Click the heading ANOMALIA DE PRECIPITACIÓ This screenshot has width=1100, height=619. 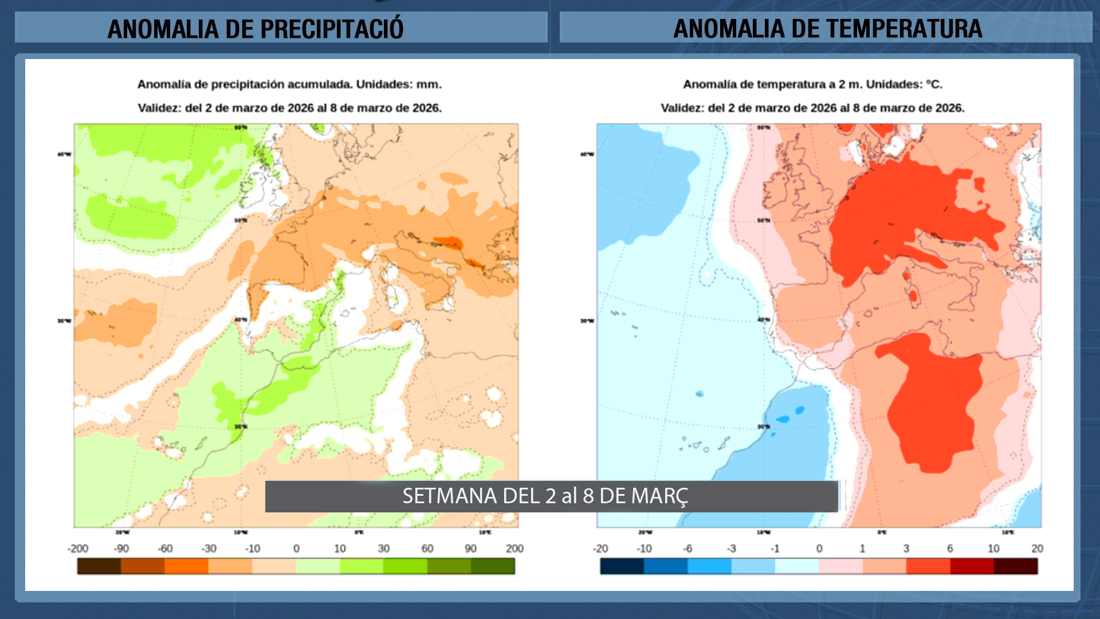pyautogui.click(x=256, y=29)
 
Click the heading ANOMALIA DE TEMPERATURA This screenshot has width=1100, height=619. pyautogui.click(x=827, y=29)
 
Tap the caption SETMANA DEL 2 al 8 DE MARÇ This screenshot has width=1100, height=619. pyautogui.click(x=545, y=496)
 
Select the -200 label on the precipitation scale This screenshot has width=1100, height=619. pyautogui.click(x=78, y=549)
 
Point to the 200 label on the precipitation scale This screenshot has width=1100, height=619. pyautogui.click(x=514, y=549)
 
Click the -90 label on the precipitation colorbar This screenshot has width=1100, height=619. pyautogui.click(x=121, y=549)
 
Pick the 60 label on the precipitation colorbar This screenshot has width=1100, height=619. pyautogui.click(x=427, y=549)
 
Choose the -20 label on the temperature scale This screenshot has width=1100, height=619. pyautogui.click(x=600, y=549)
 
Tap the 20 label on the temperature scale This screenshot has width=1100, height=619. pyautogui.click(x=1037, y=549)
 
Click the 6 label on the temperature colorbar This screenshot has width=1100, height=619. pyautogui.click(x=950, y=549)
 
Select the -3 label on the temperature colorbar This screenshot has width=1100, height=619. pyautogui.click(x=732, y=549)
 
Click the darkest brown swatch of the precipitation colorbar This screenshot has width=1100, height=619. pyautogui.click(x=99, y=566)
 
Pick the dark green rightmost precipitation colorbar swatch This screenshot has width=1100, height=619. pyautogui.click(x=493, y=566)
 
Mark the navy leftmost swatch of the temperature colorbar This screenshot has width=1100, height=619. pyautogui.click(x=622, y=566)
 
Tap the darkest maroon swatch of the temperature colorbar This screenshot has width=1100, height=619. pyautogui.click(x=1016, y=566)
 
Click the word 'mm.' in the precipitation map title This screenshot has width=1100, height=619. pyautogui.click(x=429, y=84)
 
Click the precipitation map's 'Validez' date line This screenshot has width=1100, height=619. pyautogui.click(x=289, y=108)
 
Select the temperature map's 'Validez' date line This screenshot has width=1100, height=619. pyautogui.click(x=812, y=108)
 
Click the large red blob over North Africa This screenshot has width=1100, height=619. pyautogui.click(x=934, y=401)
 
